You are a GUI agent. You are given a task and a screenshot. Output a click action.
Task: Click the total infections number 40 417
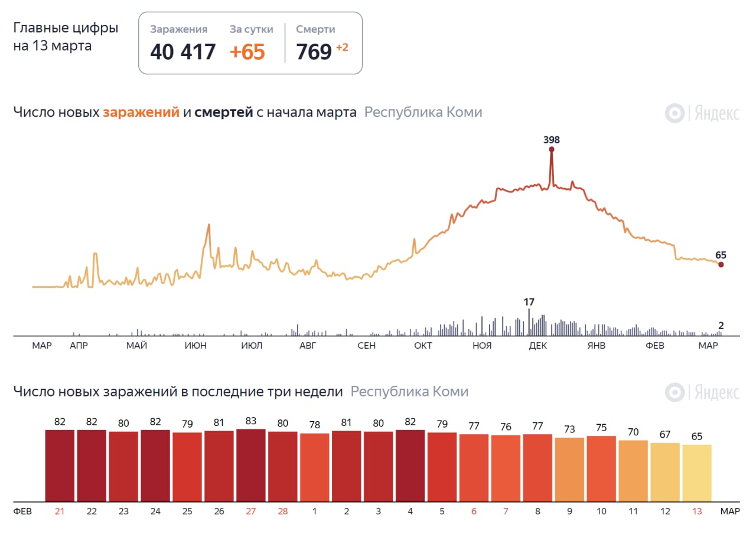pos(183,52)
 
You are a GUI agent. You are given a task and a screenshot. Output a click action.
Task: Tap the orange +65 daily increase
pos(247,52)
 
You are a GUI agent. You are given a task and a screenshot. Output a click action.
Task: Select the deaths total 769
pos(314,52)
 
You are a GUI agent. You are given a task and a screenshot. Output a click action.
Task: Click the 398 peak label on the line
pos(551,140)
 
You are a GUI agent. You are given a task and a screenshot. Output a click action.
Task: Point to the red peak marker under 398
pos(552,149)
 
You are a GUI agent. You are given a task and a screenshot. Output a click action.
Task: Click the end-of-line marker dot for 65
pos(721,264)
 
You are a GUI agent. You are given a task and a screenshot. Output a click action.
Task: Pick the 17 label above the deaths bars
pos(529,302)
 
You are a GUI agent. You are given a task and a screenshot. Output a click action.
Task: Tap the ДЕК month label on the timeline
pos(537,346)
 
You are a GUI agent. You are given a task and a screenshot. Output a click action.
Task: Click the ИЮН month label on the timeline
pos(195,346)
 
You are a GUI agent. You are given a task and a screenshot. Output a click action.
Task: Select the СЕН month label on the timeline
pos(366,346)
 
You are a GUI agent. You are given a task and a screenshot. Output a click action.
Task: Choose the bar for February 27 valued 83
pos(250,465)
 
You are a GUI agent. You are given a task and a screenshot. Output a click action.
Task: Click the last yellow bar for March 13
pos(697,472)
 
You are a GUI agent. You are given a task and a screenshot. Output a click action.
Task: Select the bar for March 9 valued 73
pos(569,469)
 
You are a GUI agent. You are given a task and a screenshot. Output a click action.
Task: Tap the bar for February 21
pos(60,465)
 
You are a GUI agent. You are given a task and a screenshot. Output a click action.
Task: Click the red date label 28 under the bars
pos(283,511)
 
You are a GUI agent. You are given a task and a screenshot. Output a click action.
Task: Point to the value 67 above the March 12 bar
pos(665,435)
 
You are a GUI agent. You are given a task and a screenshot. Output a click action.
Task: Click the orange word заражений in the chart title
pos(141,112)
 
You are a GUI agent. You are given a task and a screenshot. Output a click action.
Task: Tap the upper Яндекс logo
pos(702,113)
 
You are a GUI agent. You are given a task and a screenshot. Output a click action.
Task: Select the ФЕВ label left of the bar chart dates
pos(22,511)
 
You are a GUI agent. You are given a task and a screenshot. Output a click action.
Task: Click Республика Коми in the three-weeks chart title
pos(409,392)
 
